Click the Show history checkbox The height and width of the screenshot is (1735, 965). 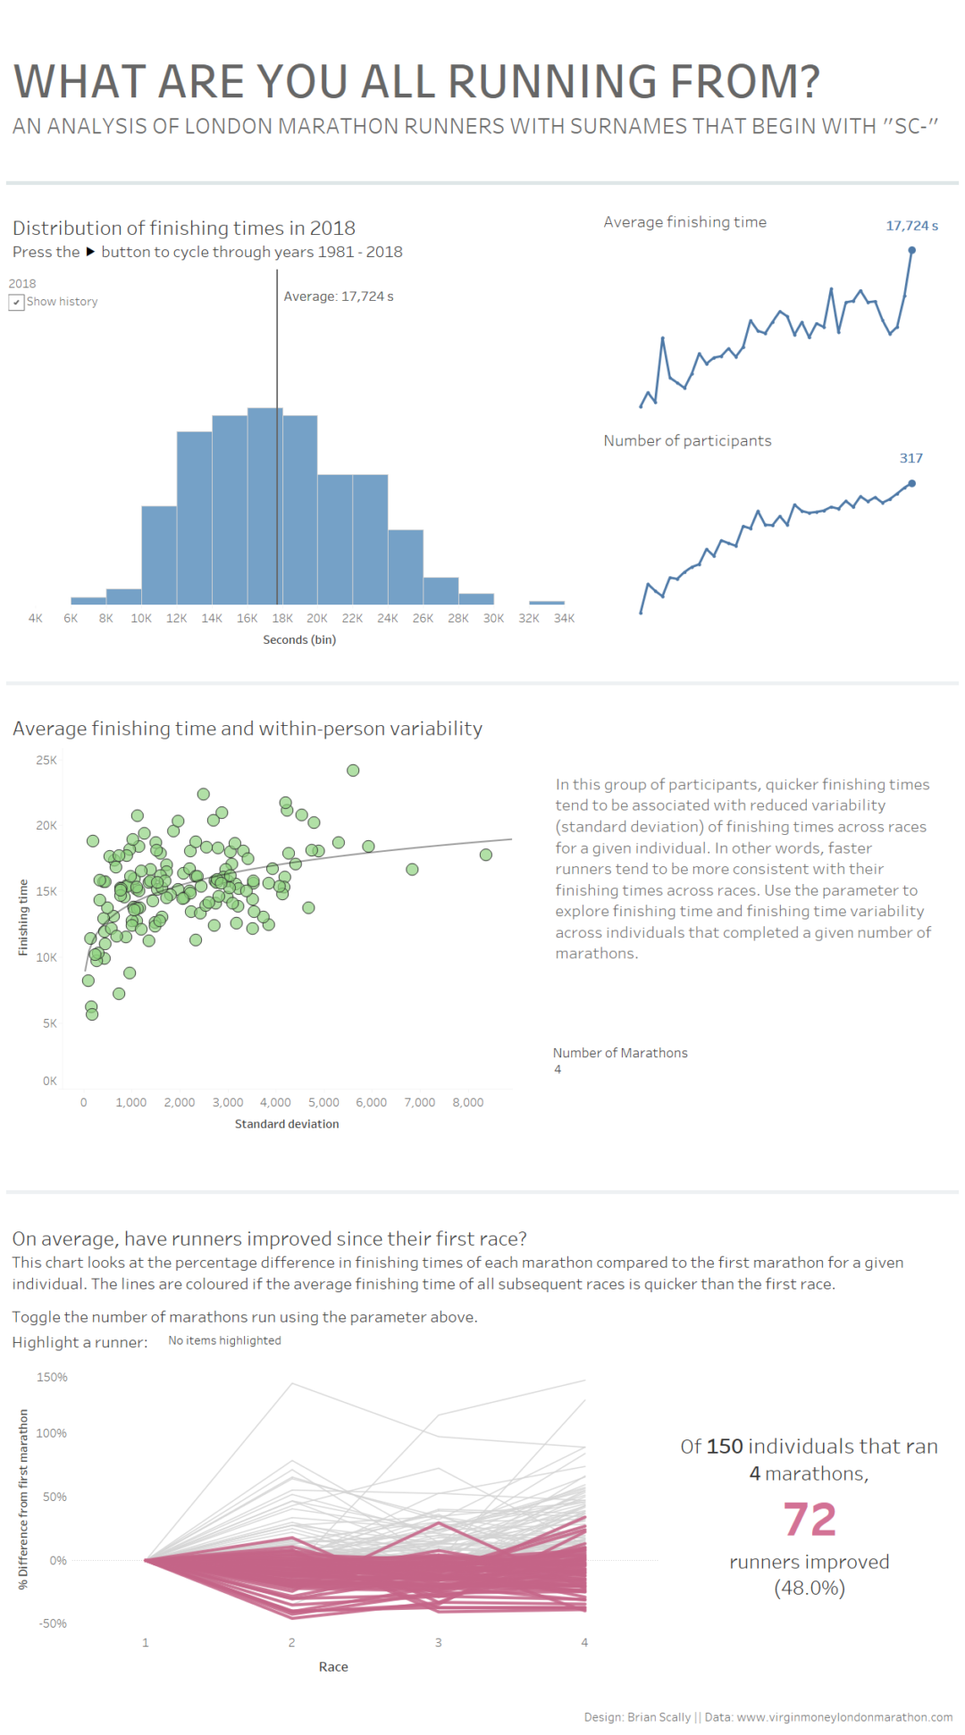click(16, 303)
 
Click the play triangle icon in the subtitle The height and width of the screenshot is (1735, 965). click(90, 252)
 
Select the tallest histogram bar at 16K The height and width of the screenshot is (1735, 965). click(264, 505)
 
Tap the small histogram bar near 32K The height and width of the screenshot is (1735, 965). click(546, 603)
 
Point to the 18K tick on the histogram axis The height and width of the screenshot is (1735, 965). click(282, 619)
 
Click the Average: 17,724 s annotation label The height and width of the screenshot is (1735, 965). click(339, 296)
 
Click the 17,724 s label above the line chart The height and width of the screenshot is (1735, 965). click(911, 226)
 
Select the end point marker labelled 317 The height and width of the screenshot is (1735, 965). click(911, 484)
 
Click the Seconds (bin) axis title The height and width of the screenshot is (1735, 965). click(299, 640)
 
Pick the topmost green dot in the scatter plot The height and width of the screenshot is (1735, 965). click(353, 771)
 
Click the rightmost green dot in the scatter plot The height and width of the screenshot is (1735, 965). click(486, 855)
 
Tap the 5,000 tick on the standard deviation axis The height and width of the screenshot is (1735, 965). click(323, 1103)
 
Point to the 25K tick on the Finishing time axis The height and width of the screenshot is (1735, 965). click(46, 761)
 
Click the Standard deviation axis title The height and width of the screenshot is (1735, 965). click(287, 1124)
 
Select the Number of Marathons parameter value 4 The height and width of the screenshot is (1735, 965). click(558, 1070)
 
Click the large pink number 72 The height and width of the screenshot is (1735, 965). click(810, 1520)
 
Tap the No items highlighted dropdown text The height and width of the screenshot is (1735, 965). click(224, 1341)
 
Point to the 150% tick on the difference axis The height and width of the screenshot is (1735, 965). click(52, 1378)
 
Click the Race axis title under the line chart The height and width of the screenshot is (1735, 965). click(333, 1667)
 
